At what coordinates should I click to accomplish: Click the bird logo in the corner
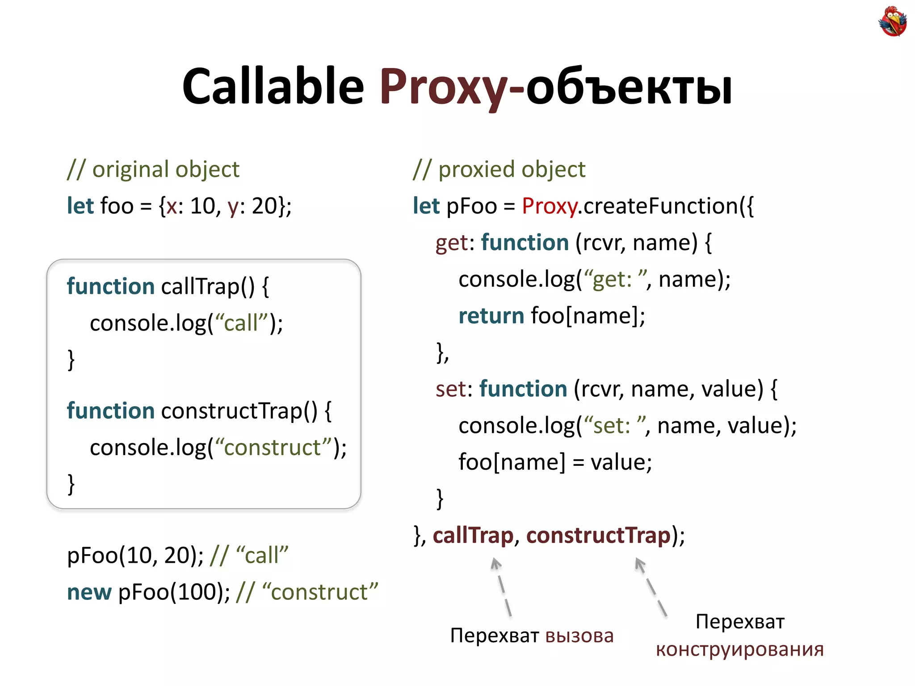892,21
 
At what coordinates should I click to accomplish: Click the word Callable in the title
273,86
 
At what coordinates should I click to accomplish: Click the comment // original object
153,169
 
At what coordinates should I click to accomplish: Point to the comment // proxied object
499,169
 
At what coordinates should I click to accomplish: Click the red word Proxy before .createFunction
549,206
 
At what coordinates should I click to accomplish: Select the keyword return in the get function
491,316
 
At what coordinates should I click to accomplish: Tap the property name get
452,243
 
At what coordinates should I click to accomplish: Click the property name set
451,389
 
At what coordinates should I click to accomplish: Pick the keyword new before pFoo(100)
89,592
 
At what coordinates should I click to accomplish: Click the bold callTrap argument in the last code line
473,535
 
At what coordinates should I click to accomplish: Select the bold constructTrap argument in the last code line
598,535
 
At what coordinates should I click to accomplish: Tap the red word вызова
579,636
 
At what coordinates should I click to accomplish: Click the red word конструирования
739,649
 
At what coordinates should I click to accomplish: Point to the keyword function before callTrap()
110,286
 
